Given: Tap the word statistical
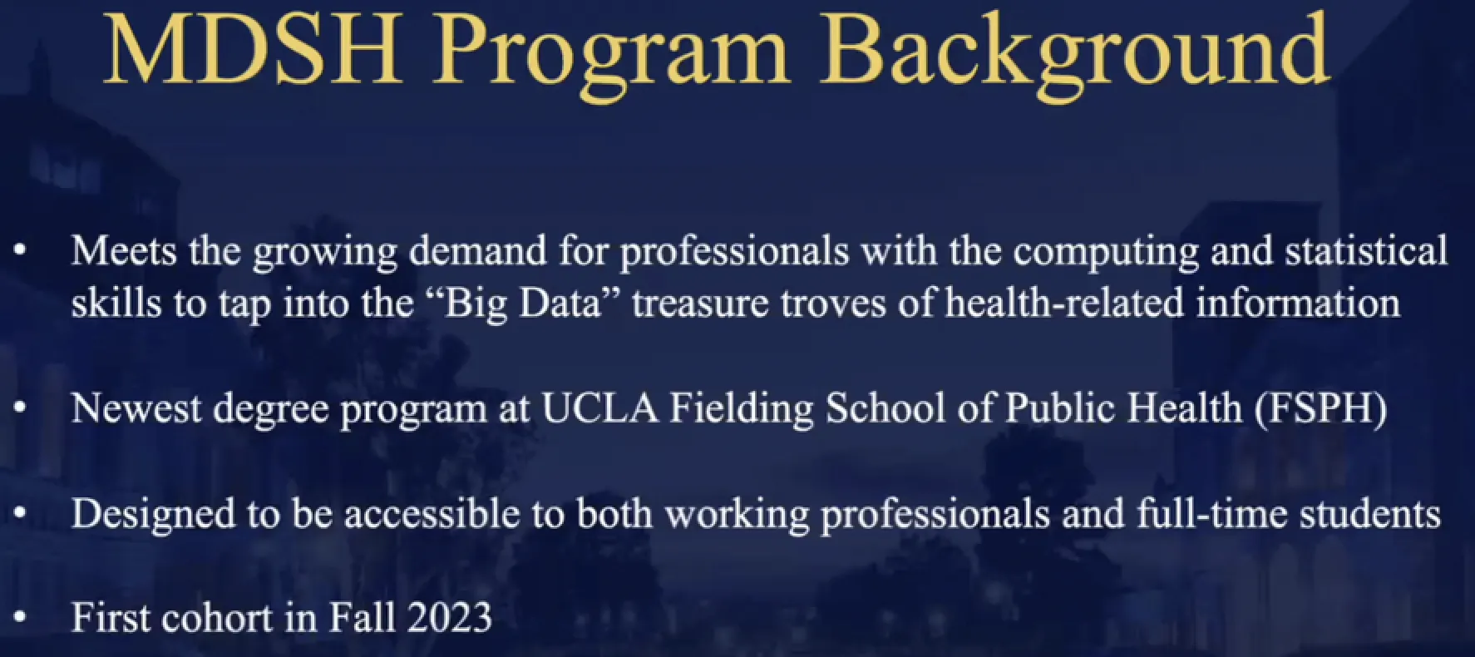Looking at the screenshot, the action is (x=1366, y=249).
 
